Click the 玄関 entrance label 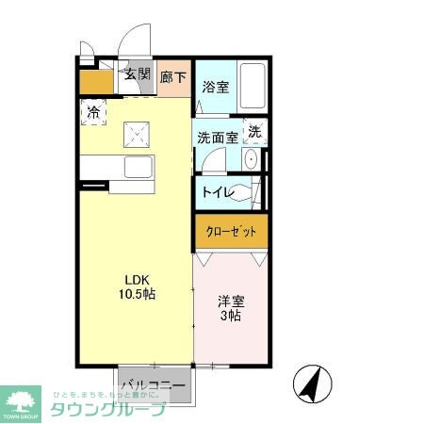tap(138, 75)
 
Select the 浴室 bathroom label tap(216, 88)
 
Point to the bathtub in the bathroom tap(253, 87)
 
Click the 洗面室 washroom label tap(217, 137)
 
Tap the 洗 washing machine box tap(254, 132)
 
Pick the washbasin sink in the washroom tap(252, 160)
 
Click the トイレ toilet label tap(218, 193)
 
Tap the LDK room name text tap(138, 279)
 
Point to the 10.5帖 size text tap(138, 294)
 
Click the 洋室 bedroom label tap(231, 302)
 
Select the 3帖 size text tap(231, 318)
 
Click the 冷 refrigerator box tap(93, 113)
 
